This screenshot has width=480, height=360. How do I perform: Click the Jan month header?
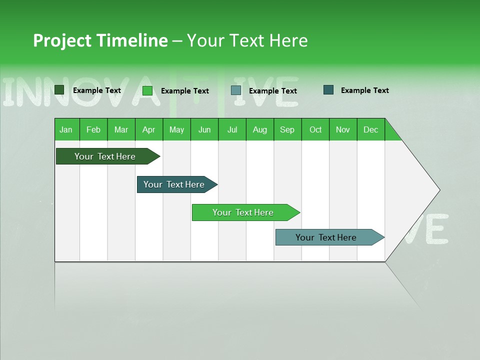click(x=66, y=129)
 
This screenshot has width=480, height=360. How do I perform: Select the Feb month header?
click(x=93, y=129)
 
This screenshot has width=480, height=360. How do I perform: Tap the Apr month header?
click(x=149, y=129)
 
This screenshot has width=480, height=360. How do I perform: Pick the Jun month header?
click(x=204, y=129)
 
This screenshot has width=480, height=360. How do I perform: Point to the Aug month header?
click(x=260, y=129)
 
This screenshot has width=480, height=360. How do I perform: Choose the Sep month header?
click(x=287, y=129)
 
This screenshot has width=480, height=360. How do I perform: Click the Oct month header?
click(x=315, y=129)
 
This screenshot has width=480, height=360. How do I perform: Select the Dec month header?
click(x=371, y=129)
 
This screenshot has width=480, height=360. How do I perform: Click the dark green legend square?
click(x=59, y=90)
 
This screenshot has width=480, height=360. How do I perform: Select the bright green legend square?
click(x=147, y=90)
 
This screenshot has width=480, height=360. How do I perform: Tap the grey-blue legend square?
click(x=236, y=90)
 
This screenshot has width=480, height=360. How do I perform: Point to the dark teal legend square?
click(x=328, y=90)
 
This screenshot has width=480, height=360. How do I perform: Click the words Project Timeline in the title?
click(x=100, y=40)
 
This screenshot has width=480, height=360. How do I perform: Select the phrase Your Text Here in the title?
click(x=247, y=40)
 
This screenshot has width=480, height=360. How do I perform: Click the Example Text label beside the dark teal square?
click(x=364, y=90)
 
